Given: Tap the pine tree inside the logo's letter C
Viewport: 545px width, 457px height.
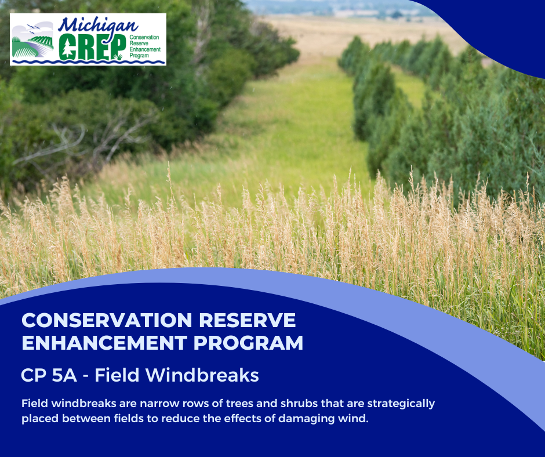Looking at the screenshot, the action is pyautogui.click(x=67, y=48).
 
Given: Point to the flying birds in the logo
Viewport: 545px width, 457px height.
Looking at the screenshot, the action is pyautogui.click(x=33, y=27).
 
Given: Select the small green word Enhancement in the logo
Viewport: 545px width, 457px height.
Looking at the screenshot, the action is pyautogui.click(x=145, y=49).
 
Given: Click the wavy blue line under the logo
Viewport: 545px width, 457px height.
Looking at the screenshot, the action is pyautogui.click(x=88, y=62).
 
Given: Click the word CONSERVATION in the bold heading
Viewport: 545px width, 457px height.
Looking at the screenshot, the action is pyautogui.click(x=107, y=320).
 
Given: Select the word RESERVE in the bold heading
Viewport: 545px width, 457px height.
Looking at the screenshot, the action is pyautogui.click(x=248, y=320).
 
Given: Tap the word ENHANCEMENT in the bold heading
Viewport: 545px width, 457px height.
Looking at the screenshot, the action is pyautogui.click(x=104, y=343).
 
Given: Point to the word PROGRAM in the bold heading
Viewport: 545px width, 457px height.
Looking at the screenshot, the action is pyautogui.click(x=248, y=343).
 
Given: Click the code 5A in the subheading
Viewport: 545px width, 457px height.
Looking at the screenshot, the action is pyautogui.click(x=64, y=375).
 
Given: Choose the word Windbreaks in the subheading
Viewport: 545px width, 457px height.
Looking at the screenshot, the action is pyautogui.click(x=202, y=375).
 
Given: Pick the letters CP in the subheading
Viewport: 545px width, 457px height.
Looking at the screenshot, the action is pyautogui.click(x=34, y=375).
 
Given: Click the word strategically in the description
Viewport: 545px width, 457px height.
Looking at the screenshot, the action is pyautogui.click(x=401, y=404).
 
